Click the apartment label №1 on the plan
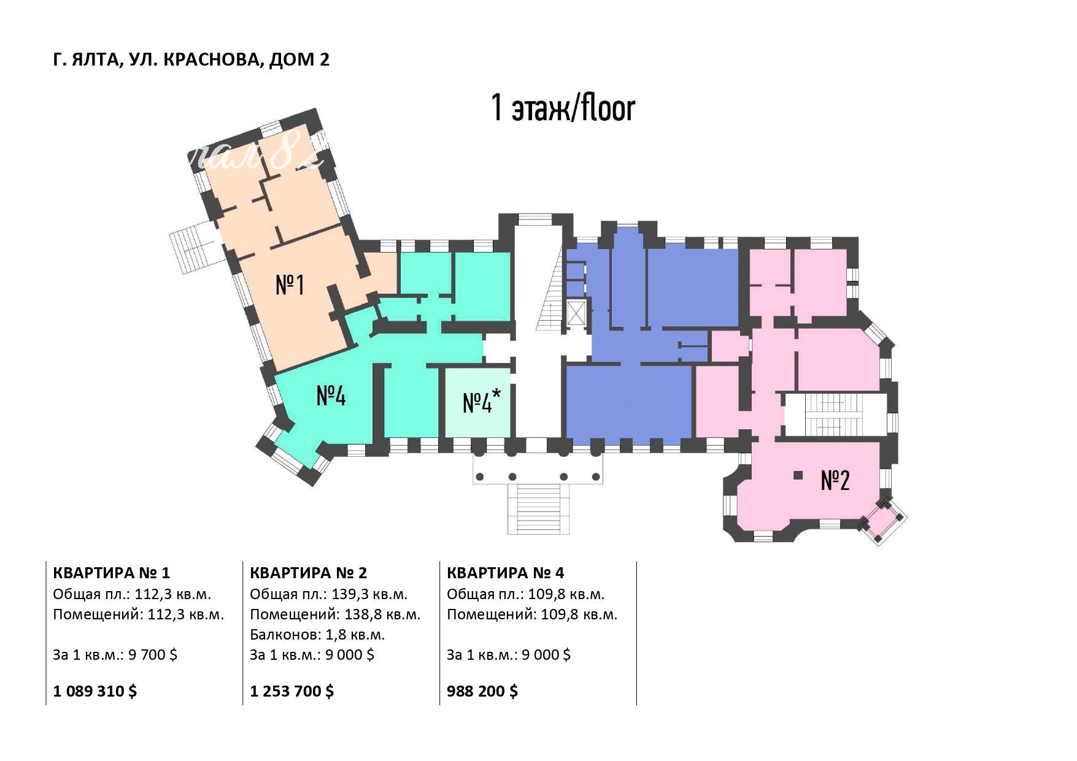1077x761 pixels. pos(290,285)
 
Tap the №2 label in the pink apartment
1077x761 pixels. pos(835,480)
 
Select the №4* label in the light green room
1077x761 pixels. pos(482,401)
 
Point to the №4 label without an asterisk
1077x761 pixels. pos(331,396)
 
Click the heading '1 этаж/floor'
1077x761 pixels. pos(563,108)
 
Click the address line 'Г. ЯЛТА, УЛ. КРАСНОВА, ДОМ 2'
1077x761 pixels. pos(191,59)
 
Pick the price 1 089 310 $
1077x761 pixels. pos(95,691)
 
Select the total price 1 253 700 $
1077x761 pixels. pos(292,691)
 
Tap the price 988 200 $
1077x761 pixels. pos(482,691)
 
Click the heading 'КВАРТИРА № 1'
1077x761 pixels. pos(112,573)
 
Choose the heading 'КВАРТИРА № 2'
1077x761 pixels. pos(309,573)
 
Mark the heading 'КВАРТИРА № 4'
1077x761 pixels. pos(506,573)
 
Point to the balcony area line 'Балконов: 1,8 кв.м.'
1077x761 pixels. pos(317,634)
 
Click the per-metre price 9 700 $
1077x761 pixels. pos(153,654)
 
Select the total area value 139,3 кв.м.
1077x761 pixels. pos(369,594)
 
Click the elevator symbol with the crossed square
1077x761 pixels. pos(577,313)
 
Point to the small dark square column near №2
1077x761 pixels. pos(798,475)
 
